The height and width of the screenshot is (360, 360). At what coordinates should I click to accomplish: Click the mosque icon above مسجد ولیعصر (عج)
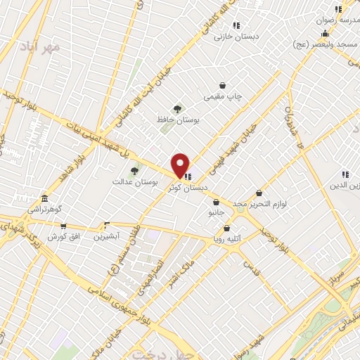(325, 34)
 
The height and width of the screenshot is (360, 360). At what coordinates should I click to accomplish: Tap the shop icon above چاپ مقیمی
(222, 85)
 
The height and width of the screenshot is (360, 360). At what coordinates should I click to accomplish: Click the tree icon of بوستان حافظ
(176, 109)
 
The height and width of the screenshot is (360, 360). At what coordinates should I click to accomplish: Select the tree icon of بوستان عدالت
(134, 170)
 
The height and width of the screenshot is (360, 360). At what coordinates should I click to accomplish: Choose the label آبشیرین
(107, 236)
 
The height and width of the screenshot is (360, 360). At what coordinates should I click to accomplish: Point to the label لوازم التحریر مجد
(260, 203)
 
